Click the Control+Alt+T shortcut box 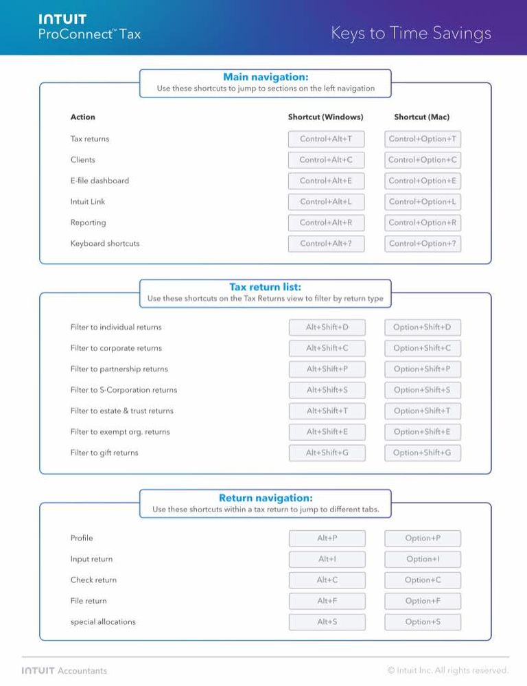(x=326, y=139)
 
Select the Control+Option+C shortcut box (x=422, y=160)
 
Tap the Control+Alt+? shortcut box (x=326, y=244)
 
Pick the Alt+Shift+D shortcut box (x=327, y=328)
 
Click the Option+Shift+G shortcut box (x=422, y=453)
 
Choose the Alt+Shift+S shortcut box (x=327, y=390)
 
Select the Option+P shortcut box (x=423, y=538)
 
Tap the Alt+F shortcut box (x=327, y=601)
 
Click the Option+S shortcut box (x=423, y=622)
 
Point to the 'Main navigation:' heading (x=266, y=77)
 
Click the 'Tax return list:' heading (x=265, y=287)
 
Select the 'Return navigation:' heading (x=266, y=498)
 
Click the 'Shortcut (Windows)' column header (x=325, y=117)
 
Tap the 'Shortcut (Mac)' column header (x=421, y=117)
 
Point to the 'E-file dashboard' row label (x=99, y=181)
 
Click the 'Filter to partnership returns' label (x=119, y=369)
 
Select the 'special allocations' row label (x=103, y=622)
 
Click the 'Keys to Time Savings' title (x=410, y=33)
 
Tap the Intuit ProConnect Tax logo (x=89, y=27)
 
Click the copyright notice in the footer (x=447, y=670)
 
